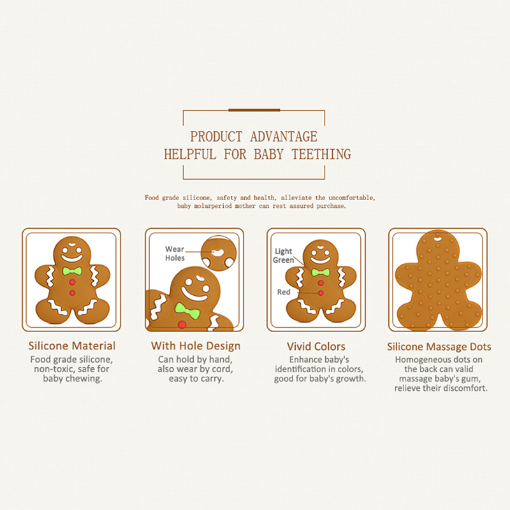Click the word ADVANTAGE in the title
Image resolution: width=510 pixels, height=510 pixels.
point(284,136)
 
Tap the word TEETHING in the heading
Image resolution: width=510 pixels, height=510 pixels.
point(321,154)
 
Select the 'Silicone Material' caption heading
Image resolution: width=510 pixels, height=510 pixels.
point(72,346)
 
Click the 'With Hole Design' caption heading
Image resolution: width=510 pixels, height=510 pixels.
point(196,346)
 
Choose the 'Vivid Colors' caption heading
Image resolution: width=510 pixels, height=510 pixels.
point(316,346)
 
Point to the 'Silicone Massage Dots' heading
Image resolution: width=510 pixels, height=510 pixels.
point(439,347)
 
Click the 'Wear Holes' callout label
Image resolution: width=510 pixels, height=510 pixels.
point(175,253)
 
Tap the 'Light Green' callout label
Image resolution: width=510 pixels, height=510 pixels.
point(283,256)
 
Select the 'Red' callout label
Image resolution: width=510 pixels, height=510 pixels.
point(284,292)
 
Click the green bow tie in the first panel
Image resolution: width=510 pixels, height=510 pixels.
point(72,271)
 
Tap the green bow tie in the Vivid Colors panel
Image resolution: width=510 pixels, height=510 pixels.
point(321,272)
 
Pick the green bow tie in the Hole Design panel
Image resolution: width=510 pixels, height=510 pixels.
point(187,310)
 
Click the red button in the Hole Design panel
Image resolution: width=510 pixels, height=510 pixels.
point(182,324)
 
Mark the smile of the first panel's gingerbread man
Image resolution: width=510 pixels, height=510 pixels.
point(72,259)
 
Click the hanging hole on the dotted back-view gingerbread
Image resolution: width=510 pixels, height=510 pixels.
point(438,240)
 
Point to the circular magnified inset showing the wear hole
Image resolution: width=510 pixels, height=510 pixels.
point(219,253)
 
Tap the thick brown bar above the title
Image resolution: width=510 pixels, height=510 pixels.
point(254,110)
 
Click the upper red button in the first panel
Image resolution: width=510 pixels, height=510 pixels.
point(72,282)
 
